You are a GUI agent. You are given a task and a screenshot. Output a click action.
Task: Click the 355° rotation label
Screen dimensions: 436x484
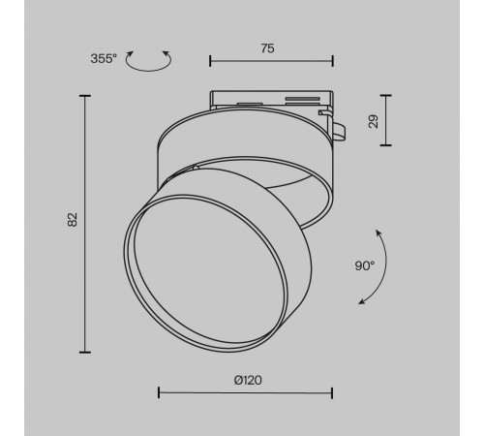pos(104,57)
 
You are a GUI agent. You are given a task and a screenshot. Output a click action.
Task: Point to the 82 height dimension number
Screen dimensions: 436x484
pos(72,220)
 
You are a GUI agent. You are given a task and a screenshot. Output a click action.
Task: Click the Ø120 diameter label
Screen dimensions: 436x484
pos(247,380)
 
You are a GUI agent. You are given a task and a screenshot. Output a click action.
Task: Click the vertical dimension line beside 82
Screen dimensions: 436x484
pos(86,223)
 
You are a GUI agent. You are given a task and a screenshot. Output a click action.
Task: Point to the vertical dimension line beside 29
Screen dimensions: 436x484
pos(389,121)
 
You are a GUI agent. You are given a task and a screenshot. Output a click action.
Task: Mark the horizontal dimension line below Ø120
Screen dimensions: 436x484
pos(245,393)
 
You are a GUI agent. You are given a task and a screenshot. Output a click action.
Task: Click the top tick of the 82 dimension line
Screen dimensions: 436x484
pos(86,96)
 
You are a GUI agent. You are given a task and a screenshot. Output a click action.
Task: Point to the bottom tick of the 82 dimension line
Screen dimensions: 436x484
pos(86,351)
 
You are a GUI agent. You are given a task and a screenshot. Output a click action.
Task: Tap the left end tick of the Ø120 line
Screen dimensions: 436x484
pos(159,393)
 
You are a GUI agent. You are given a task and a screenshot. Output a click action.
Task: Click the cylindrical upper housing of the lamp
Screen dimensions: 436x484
pos(242,145)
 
